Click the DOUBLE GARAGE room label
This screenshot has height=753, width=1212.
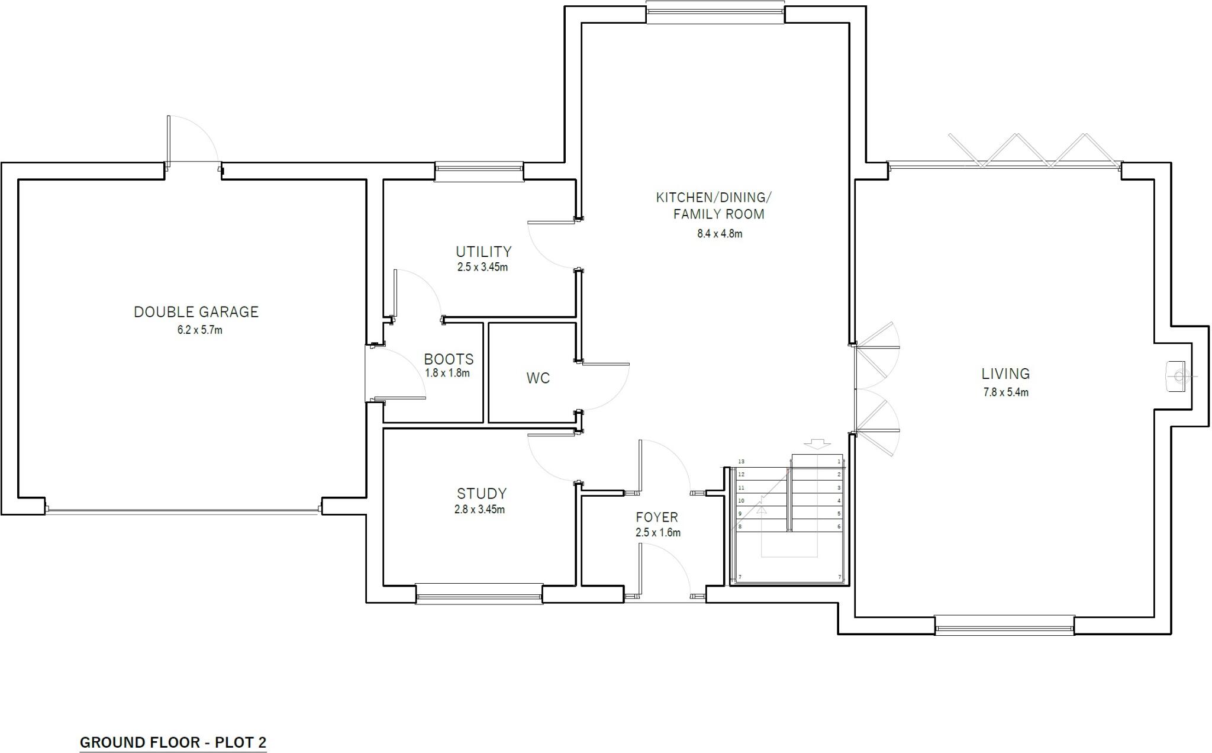tap(196, 312)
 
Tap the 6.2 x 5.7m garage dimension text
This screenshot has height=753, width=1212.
tap(200, 330)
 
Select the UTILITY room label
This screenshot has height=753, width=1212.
tap(483, 252)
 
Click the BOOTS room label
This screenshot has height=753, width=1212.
tap(449, 359)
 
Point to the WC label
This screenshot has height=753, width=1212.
tap(538, 378)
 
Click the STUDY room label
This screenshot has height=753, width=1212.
tap(481, 494)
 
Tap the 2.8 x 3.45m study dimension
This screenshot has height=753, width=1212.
tap(479, 510)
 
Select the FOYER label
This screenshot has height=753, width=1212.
tap(657, 517)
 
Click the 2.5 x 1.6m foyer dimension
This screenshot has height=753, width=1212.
tap(657, 533)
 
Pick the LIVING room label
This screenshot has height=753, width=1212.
tap(1005, 374)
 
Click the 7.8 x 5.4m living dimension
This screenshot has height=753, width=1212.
tap(1005, 392)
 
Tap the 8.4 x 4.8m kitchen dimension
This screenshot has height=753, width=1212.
tap(719, 234)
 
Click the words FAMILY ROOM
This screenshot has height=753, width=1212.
tap(718, 214)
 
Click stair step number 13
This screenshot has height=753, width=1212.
tap(740, 462)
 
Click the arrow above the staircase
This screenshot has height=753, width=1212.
tap(817, 444)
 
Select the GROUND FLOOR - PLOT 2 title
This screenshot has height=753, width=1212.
tap(173, 742)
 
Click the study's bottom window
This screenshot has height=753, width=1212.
tap(479, 593)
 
